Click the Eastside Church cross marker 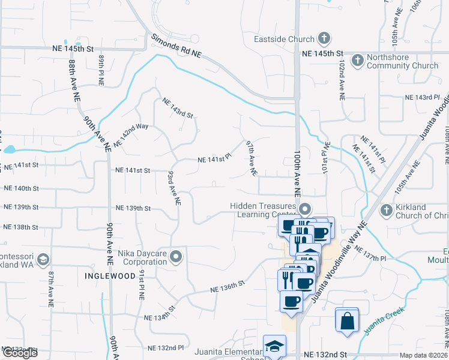click(324, 38)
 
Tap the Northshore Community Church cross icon click(358, 60)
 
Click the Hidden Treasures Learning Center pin click(305, 209)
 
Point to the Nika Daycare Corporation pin click(175, 257)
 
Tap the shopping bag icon click(348, 320)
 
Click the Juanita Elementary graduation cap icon click(274, 347)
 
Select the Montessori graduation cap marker click(43, 260)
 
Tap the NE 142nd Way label click(130, 136)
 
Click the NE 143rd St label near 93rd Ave click(178, 107)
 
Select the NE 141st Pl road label click(215, 159)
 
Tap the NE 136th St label click(228, 286)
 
